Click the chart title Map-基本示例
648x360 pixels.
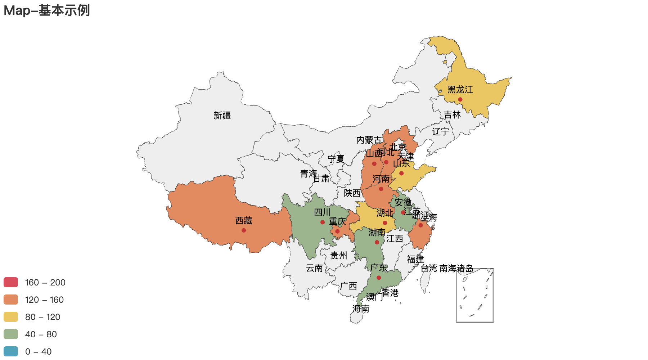(47, 10)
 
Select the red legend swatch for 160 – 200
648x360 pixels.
(11, 283)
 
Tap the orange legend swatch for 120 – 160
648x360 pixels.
(11, 300)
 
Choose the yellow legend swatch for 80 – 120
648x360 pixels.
(11, 317)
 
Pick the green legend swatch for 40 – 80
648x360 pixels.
(11, 334)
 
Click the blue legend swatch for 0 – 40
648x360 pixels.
(11, 352)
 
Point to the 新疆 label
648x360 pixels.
(222, 116)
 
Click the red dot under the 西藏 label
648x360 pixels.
(244, 230)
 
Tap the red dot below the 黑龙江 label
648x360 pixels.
(460, 100)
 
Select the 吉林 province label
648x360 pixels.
(452, 115)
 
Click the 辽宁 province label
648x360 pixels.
(441, 132)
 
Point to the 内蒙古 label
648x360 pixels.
(369, 140)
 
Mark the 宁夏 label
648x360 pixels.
(336, 159)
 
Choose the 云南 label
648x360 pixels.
(314, 268)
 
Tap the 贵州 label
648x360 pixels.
(339, 256)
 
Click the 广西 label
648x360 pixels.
(348, 287)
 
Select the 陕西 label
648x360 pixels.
(352, 193)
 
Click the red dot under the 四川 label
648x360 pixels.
(323, 222)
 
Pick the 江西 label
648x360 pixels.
(395, 239)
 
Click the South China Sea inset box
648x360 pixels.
(475, 295)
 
